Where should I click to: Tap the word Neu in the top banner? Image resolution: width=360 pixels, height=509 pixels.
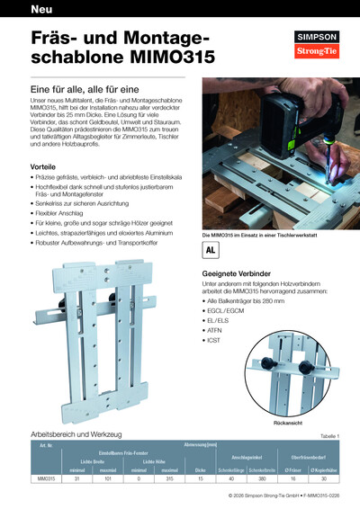point(40,11)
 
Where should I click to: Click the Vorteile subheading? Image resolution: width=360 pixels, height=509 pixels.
point(43,167)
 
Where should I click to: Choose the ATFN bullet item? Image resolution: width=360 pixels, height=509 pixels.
point(217,329)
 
